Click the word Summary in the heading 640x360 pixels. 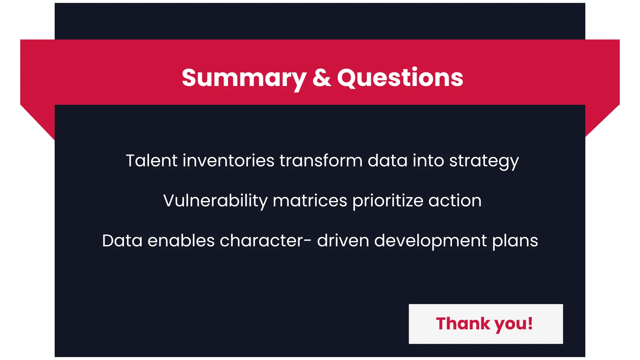coord(244,79)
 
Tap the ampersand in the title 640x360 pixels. coord(322,78)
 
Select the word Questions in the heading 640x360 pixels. coord(400,78)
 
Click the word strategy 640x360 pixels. coord(484,162)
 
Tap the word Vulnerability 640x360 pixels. coord(215,201)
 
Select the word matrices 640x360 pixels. coord(310,201)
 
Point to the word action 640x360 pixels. coord(455,201)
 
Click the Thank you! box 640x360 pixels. coord(486,324)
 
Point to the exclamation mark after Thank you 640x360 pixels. coord(530,323)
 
